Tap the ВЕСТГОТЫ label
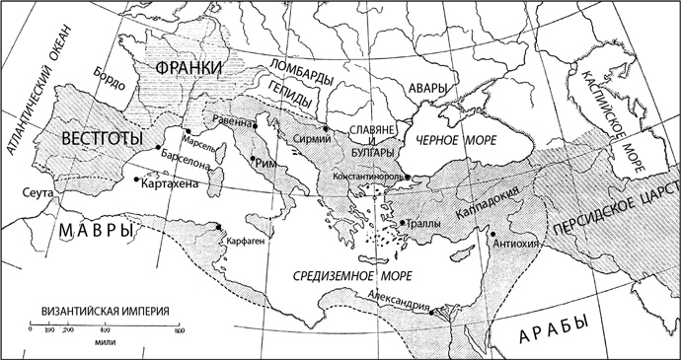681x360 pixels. [97, 137]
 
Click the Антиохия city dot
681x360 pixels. [492, 234]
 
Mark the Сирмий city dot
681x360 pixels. [324, 127]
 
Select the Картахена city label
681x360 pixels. [173, 182]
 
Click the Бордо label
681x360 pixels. [108, 83]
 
